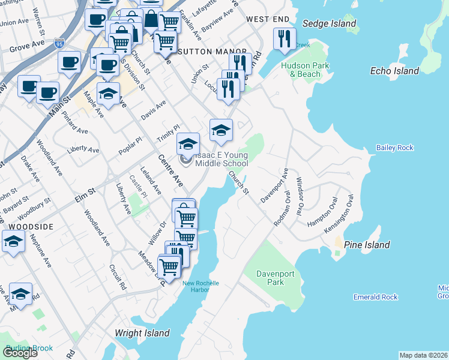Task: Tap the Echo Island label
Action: [x=394, y=71]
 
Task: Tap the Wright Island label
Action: [x=142, y=333]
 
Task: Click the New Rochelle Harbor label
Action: [x=200, y=286]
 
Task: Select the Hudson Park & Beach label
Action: [x=297, y=70]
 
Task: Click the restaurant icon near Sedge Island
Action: [x=284, y=39]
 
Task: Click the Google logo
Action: [x=20, y=353]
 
